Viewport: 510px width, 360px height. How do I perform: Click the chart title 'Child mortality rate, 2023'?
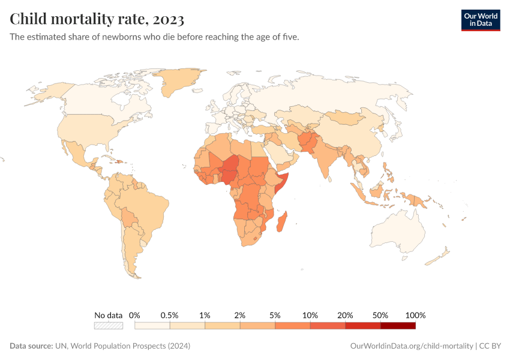[x=97, y=19]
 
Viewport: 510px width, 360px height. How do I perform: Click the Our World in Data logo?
[x=480, y=20]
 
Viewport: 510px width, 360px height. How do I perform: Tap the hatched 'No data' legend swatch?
[x=108, y=326]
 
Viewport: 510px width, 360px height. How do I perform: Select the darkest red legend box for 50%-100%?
[x=398, y=326]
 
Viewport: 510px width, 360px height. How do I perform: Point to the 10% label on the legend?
[x=310, y=315]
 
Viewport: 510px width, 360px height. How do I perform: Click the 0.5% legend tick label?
[x=170, y=315]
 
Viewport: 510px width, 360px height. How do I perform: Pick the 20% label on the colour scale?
[x=345, y=315]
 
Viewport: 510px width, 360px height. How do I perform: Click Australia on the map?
[x=399, y=231]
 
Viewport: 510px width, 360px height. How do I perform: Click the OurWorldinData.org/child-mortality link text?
[x=411, y=346]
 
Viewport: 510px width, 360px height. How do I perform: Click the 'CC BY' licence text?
[x=490, y=346]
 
